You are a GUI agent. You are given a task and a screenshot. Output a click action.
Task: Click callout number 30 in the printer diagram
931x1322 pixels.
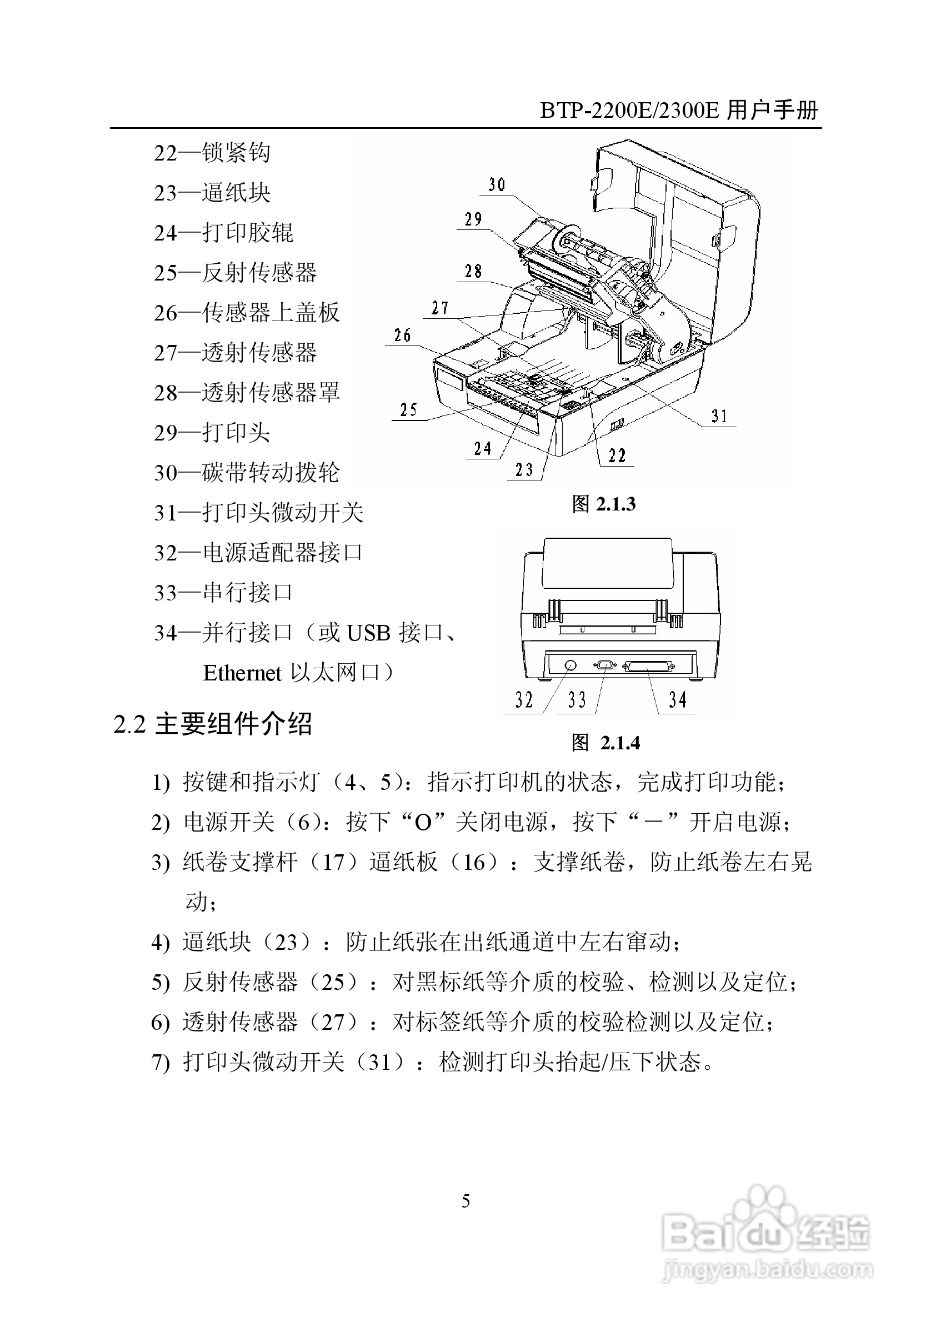[x=496, y=185]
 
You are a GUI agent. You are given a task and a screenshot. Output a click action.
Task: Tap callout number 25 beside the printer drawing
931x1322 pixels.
[x=408, y=410]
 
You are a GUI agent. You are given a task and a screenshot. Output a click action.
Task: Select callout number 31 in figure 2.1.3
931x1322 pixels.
[x=719, y=416]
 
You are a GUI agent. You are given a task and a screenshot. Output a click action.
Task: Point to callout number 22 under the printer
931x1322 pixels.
[x=617, y=456]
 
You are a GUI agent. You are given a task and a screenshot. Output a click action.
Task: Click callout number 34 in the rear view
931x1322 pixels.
[x=678, y=700]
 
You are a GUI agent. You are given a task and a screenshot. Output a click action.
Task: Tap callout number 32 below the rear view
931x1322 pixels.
[x=524, y=700]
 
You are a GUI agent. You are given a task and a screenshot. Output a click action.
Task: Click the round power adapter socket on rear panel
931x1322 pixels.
[x=569, y=665]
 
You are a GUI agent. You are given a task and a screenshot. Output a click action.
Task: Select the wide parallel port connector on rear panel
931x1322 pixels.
[x=648, y=666]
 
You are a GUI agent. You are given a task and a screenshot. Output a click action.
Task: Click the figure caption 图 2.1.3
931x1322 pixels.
[x=603, y=504]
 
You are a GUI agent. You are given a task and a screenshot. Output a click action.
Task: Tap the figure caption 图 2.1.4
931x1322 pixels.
[x=605, y=743]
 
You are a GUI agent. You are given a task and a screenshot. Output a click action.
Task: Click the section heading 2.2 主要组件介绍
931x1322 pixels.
[x=213, y=724]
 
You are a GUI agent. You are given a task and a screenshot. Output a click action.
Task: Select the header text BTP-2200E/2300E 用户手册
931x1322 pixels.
[x=679, y=110]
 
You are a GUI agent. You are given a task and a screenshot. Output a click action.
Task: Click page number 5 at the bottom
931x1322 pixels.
[x=466, y=1201]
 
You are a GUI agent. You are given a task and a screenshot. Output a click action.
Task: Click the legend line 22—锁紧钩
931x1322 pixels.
[x=212, y=153]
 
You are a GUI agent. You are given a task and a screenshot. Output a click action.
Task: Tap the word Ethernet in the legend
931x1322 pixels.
[x=242, y=673]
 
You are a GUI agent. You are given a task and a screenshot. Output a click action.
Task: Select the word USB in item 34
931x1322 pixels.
[x=368, y=633]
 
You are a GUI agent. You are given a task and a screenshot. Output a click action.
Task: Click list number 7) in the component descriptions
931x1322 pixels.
[x=161, y=1062]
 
